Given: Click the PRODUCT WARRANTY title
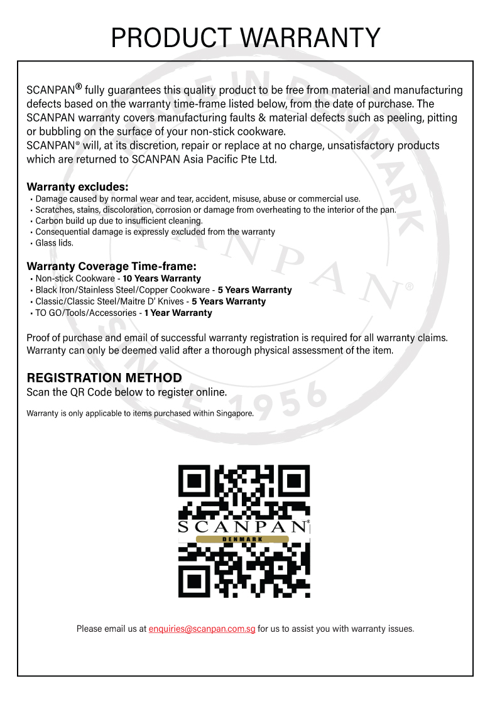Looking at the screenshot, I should coord(245,38).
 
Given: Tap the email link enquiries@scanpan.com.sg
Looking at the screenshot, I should coord(202,629).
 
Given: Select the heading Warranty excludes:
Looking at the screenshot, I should coord(77,187).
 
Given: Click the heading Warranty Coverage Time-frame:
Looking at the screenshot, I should coord(111,266).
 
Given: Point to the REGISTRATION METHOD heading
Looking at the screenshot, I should coord(104,378).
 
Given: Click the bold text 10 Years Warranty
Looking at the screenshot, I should coord(161,278).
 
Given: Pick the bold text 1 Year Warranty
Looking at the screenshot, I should coord(178,313).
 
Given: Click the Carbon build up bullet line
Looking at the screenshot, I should coord(119,221).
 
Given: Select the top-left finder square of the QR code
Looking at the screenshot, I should coord(195,481).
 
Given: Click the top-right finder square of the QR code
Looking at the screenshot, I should coord(293,481).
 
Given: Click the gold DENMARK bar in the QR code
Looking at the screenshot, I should coord(242,539).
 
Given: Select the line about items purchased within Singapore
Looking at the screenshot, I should coord(139,413).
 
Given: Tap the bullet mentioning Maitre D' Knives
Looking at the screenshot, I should coord(150,301).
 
